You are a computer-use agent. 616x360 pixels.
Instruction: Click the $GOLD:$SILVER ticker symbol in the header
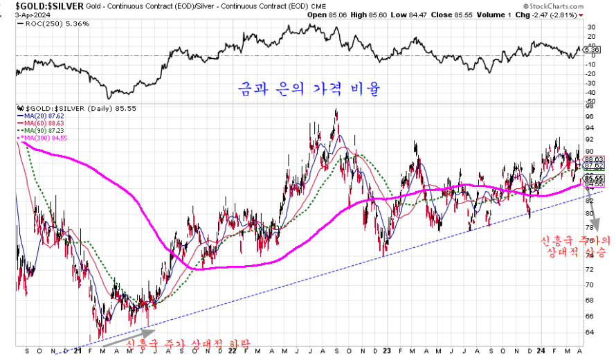[44, 6]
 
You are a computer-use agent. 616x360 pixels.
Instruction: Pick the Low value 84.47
[417, 15]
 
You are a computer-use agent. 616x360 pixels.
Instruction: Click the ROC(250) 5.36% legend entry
[45, 23]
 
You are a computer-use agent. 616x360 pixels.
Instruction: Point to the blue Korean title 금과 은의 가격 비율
[308, 90]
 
